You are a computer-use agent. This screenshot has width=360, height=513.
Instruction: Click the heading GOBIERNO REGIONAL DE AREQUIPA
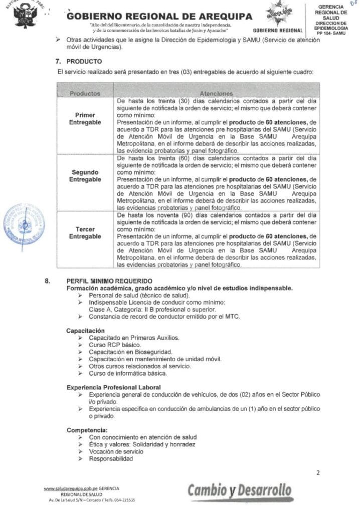coord(159,17)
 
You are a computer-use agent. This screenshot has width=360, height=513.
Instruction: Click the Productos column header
coord(85,93)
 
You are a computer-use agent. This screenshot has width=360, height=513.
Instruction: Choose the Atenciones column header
coord(216,93)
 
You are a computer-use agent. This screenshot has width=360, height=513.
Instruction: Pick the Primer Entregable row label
coord(85,118)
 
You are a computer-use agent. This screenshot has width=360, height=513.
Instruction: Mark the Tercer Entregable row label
coord(85,232)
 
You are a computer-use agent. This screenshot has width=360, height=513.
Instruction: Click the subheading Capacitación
coord(85,331)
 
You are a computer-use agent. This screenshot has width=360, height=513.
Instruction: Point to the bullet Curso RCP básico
coord(115,345)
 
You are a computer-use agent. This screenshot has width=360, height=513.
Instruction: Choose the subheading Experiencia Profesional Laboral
coord(114,387)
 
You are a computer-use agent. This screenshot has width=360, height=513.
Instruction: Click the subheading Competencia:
coord(87,430)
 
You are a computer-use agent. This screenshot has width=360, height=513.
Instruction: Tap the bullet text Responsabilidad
coord(111,459)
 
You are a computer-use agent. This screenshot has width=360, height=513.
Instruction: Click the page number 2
coord(318,471)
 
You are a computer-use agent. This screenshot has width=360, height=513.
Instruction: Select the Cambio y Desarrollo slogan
coord(240,490)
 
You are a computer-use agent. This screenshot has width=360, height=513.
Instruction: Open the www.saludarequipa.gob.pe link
coord(70,488)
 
